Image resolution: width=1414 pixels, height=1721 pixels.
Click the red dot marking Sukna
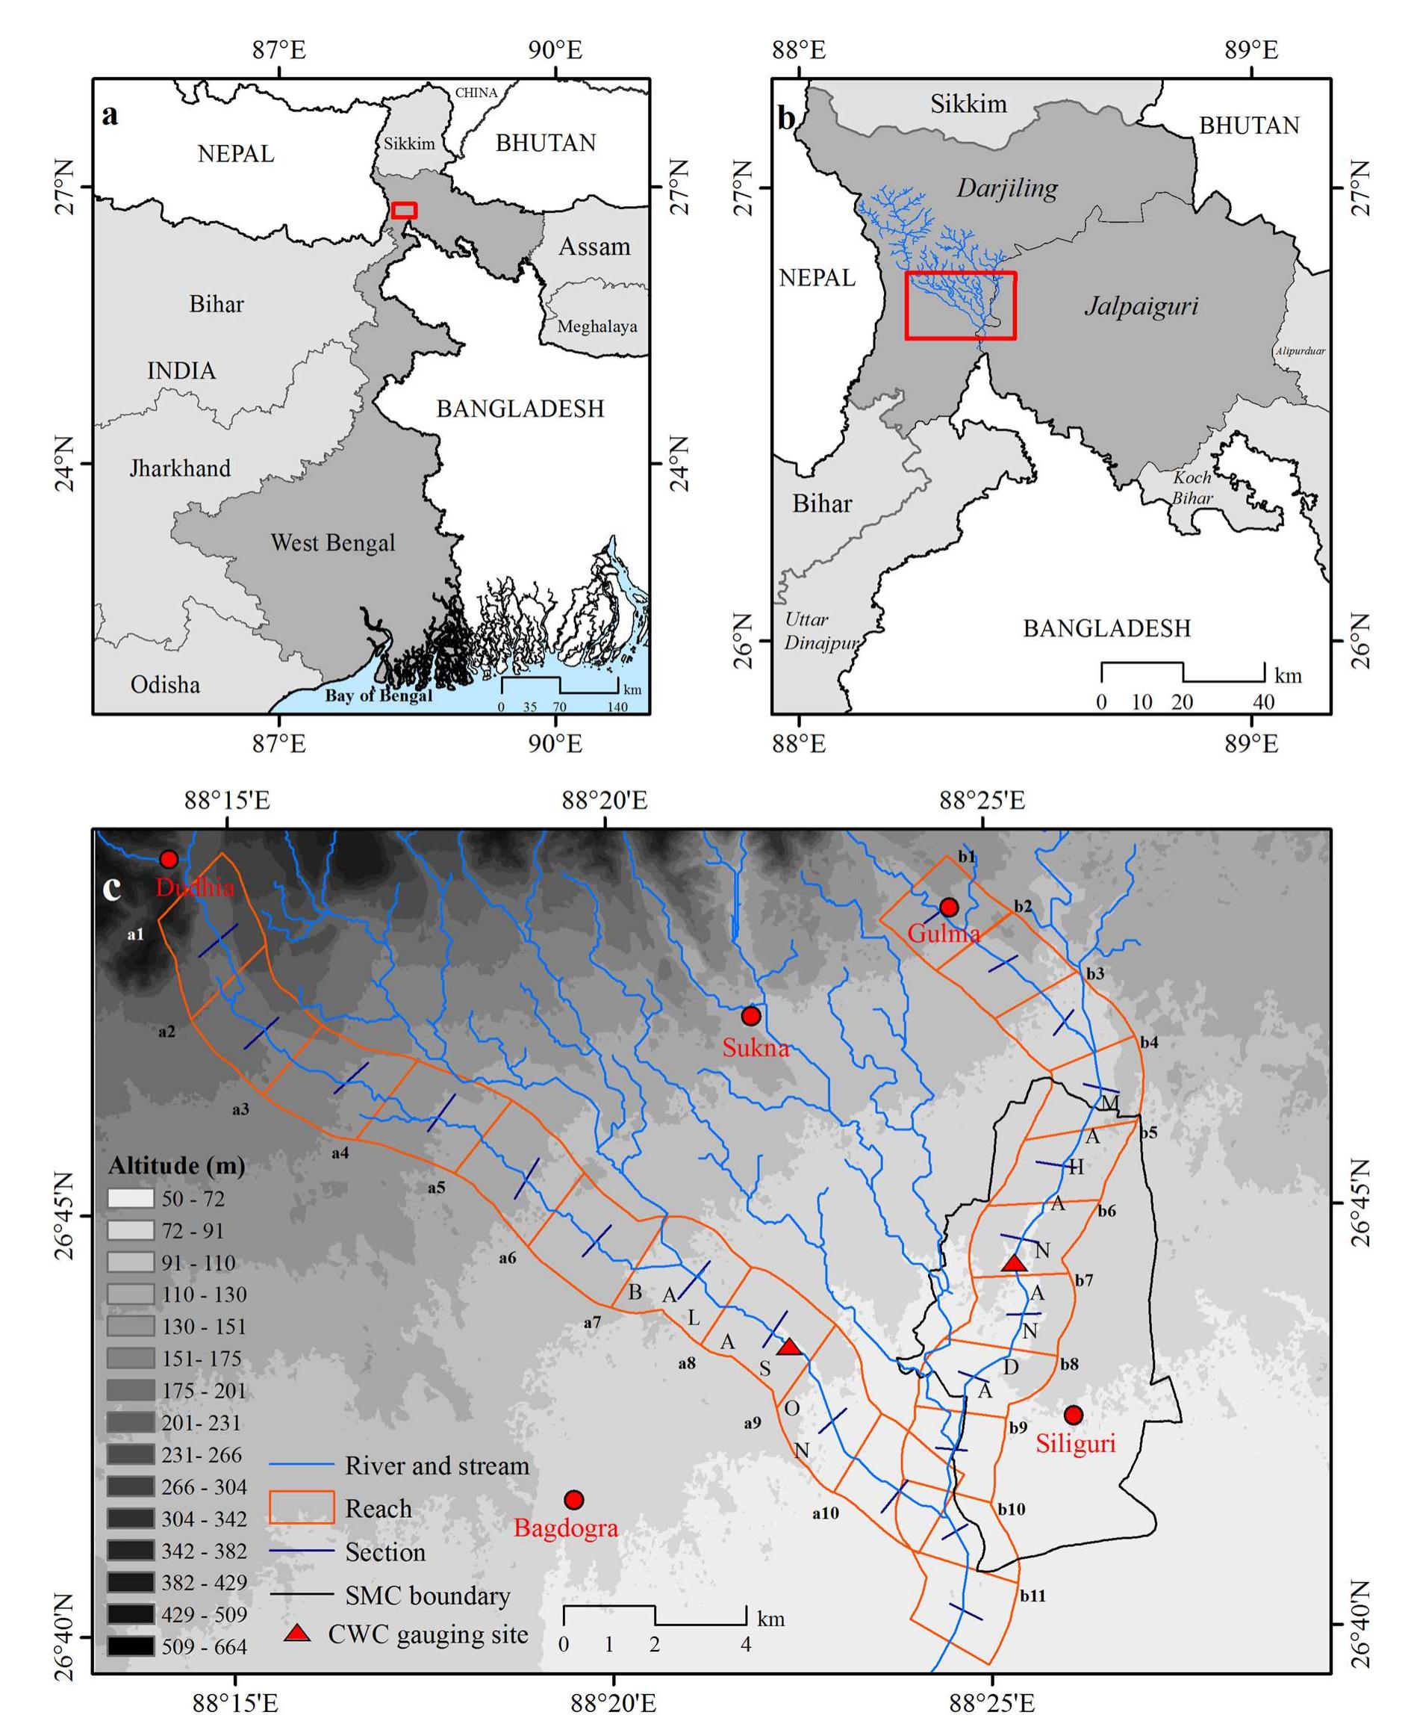pyautogui.click(x=751, y=1015)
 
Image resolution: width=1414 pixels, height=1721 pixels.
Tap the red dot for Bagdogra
pyautogui.click(x=574, y=1499)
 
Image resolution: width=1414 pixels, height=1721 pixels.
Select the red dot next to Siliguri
pyautogui.click(x=1074, y=1414)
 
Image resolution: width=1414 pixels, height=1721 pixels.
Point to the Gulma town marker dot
pyautogui.click(x=948, y=907)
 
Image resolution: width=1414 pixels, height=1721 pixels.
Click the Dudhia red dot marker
pyautogui.click(x=169, y=859)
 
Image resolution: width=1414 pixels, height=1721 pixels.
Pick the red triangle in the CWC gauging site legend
pyautogui.click(x=299, y=1633)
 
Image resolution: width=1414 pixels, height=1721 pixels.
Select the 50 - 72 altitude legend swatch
pyautogui.click(x=131, y=1198)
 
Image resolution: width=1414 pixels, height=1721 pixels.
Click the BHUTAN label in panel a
pyautogui.click(x=546, y=143)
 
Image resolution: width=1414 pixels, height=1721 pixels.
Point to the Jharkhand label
pyautogui.click(x=180, y=468)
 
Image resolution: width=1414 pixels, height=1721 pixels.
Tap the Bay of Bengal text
pyautogui.click(x=379, y=695)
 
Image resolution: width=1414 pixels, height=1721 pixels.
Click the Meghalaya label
pyautogui.click(x=597, y=326)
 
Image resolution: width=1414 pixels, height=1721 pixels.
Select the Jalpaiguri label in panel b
pyautogui.click(x=1142, y=306)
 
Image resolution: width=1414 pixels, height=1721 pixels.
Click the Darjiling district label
pyautogui.click(x=1006, y=189)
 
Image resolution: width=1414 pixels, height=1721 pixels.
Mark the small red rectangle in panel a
pyautogui.click(x=404, y=210)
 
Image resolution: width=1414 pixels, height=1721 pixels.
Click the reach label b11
pyautogui.click(x=1033, y=1596)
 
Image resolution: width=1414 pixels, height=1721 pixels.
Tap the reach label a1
pyautogui.click(x=135, y=934)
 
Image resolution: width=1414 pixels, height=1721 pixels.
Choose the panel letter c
pyautogui.click(x=111, y=887)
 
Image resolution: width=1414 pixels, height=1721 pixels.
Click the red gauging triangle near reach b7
pyautogui.click(x=1013, y=1263)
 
